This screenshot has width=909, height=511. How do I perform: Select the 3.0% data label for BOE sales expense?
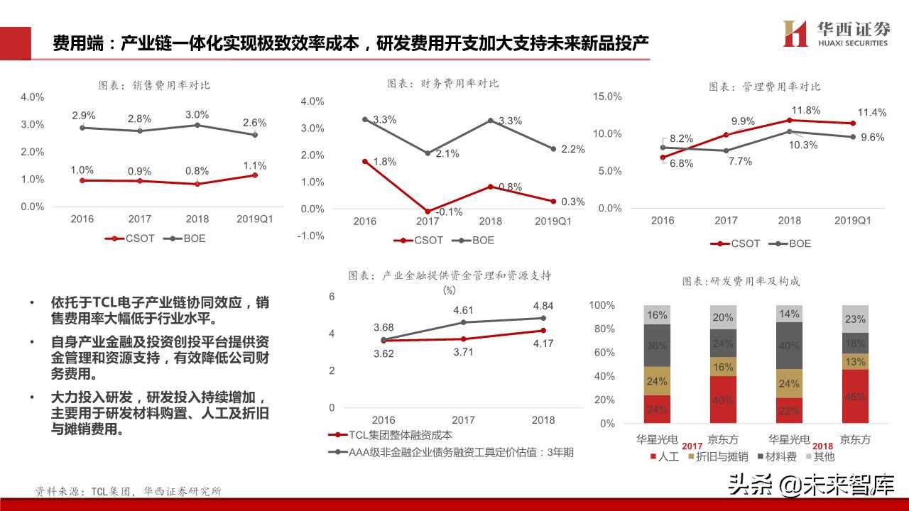click(x=197, y=114)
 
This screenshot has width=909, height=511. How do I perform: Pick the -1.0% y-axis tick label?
click(x=312, y=236)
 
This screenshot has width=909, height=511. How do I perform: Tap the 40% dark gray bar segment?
click(x=789, y=346)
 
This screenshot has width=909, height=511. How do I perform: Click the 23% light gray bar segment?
click(x=854, y=319)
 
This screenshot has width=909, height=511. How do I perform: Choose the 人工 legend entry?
click(x=665, y=456)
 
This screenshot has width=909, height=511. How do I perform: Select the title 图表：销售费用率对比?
click(x=154, y=85)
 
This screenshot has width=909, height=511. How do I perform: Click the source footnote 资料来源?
click(x=129, y=490)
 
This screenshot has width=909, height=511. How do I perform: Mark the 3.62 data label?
click(x=384, y=353)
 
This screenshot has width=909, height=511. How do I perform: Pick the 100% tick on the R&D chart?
click(x=602, y=305)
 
